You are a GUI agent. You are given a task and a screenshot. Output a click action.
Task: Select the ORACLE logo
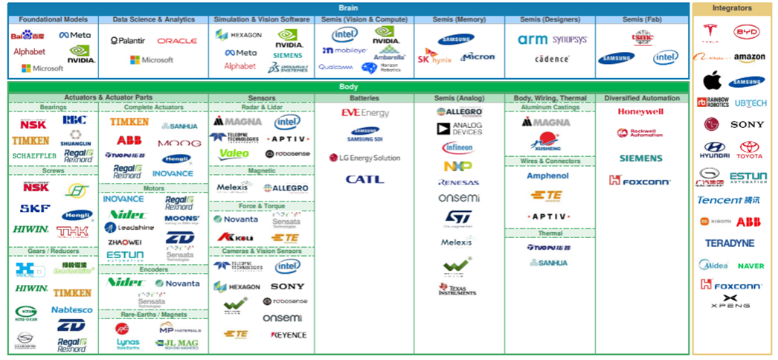[x=177, y=41]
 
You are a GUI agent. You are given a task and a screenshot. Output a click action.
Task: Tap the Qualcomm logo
[x=335, y=67]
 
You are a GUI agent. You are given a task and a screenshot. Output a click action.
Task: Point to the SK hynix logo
[x=434, y=56]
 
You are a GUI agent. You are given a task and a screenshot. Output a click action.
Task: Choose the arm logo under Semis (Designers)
[x=533, y=39]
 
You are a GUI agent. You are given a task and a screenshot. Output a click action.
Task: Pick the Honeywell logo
[x=640, y=112]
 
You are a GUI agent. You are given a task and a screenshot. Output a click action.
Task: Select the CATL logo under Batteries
[x=364, y=179]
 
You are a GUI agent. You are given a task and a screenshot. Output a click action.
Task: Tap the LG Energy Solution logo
[x=364, y=158]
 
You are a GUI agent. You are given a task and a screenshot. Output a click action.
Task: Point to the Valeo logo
[x=234, y=154]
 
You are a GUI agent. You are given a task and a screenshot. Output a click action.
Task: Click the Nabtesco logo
[x=72, y=309]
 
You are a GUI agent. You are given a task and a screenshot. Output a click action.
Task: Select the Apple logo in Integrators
[x=713, y=80]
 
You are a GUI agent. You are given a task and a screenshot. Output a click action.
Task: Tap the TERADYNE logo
[x=730, y=243]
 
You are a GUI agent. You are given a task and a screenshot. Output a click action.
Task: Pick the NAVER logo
[x=750, y=266]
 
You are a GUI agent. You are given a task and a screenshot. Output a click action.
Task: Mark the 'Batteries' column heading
[x=364, y=98]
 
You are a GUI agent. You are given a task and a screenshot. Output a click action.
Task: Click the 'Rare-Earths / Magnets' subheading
[x=153, y=314]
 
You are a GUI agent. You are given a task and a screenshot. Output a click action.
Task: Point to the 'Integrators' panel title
[x=731, y=8]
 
